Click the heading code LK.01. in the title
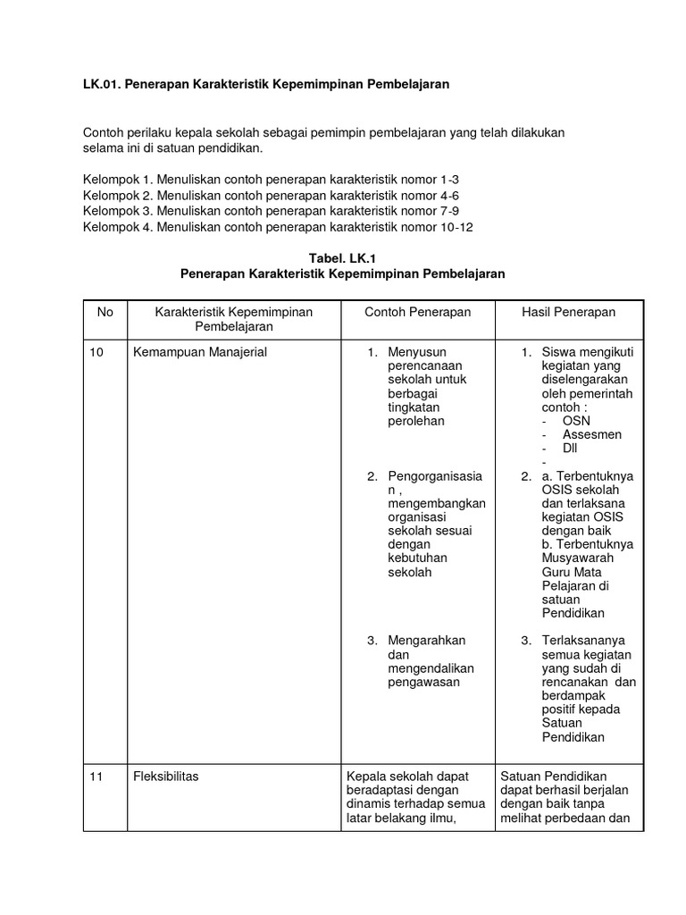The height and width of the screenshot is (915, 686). point(102,83)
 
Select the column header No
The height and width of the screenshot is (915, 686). point(105,312)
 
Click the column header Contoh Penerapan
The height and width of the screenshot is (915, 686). point(417,312)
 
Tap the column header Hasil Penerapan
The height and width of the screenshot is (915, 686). point(568,312)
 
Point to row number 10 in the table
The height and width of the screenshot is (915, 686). point(96,353)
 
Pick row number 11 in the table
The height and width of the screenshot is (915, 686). point(96,776)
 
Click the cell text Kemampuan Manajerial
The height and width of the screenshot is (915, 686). point(200,353)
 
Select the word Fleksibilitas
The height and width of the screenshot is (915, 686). point(166,776)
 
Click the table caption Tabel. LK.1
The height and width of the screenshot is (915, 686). point(343,258)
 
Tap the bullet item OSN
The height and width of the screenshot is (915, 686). point(576,420)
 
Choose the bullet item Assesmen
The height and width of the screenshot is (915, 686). point(592,434)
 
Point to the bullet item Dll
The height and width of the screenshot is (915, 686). point(570,448)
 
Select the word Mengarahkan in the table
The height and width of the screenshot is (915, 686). point(427,641)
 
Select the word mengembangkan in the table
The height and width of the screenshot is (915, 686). point(437,503)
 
